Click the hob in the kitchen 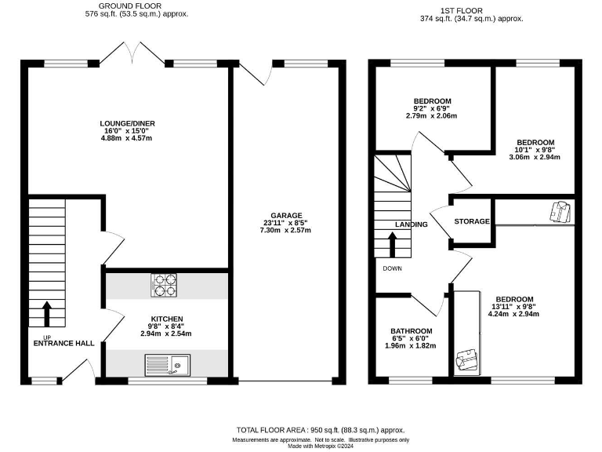[x=164, y=284]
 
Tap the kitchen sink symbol [x=168, y=363]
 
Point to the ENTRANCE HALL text [x=63, y=343]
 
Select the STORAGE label [x=473, y=222]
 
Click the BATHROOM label [x=412, y=331]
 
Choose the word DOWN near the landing [x=393, y=268]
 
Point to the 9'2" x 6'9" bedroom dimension [x=432, y=108]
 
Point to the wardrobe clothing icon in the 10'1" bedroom [x=560, y=212]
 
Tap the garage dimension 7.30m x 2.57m [x=287, y=231]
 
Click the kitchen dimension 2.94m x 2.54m [x=166, y=334]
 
